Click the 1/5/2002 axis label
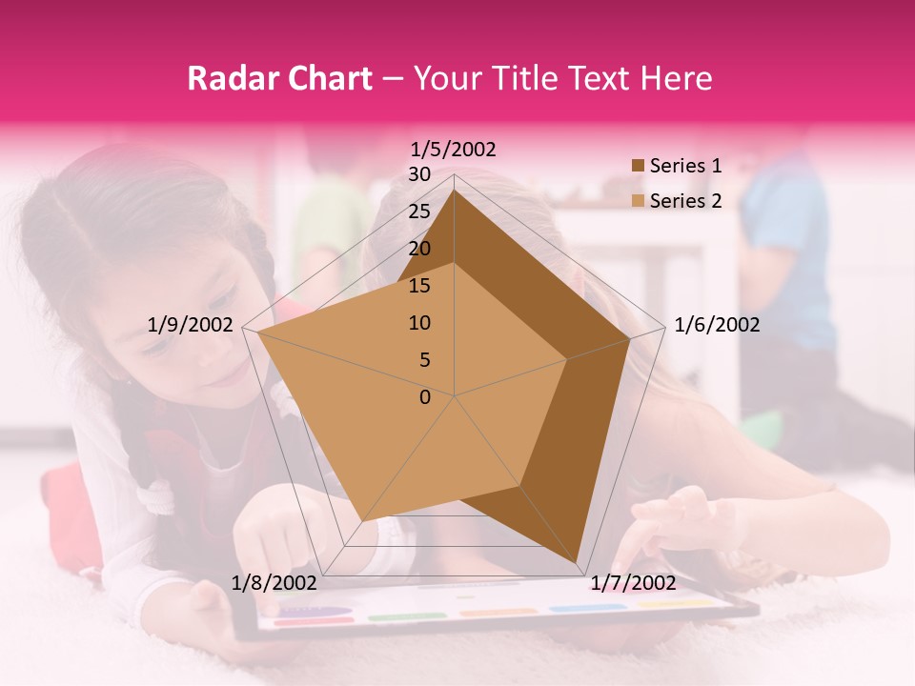tap(454, 150)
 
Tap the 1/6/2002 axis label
tap(717, 325)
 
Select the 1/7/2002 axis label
tap(633, 582)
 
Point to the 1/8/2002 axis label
tap(274, 582)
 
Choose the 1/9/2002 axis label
tap(191, 325)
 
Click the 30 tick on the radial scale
tap(419, 174)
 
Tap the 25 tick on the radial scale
tap(419, 212)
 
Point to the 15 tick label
tap(419, 286)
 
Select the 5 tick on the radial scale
tap(424, 360)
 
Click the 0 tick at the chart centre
tap(425, 397)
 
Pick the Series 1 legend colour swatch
tap(638, 166)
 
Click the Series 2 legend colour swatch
tap(638, 201)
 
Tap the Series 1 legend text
tap(685, 166)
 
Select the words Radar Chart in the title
tap(279, 78)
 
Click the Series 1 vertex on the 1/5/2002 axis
tap(454, 190)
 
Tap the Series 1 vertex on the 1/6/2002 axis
tap(630, 338)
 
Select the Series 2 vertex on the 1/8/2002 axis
tap(363, 521)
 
